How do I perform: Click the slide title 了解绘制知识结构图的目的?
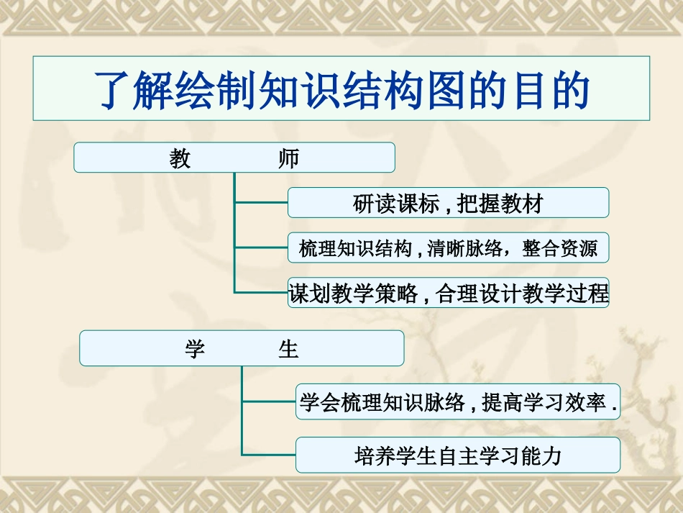point(341,88)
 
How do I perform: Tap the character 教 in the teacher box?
point(180,158)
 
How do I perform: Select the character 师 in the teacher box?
point(288,158)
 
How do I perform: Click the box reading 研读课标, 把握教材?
point(448,203)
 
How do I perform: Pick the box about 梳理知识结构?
point(448,248)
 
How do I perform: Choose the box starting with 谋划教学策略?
point(448,294)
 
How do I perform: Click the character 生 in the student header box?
point(288,349)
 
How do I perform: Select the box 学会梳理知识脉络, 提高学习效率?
point(458,403)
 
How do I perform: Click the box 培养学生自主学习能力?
point(458,455)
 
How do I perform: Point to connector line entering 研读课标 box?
point(261,203)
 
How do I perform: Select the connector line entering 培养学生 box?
point(269,455)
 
